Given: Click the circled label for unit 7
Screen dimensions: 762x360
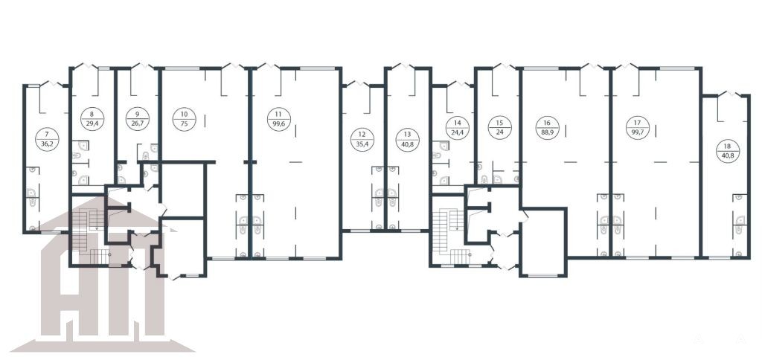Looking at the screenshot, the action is point(47,139).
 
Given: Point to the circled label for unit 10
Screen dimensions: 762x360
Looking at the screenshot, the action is point(185,120).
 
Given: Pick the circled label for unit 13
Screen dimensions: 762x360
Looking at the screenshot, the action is point(407,139).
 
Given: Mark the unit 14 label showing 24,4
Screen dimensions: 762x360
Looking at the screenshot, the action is point(458,128).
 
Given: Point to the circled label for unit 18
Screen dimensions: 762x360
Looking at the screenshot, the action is point(728,151).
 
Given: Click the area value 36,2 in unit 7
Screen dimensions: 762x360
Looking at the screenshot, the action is point(47,144).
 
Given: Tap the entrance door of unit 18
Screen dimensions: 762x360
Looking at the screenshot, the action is point(729,94).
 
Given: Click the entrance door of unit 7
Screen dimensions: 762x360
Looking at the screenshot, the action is point(52,84).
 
